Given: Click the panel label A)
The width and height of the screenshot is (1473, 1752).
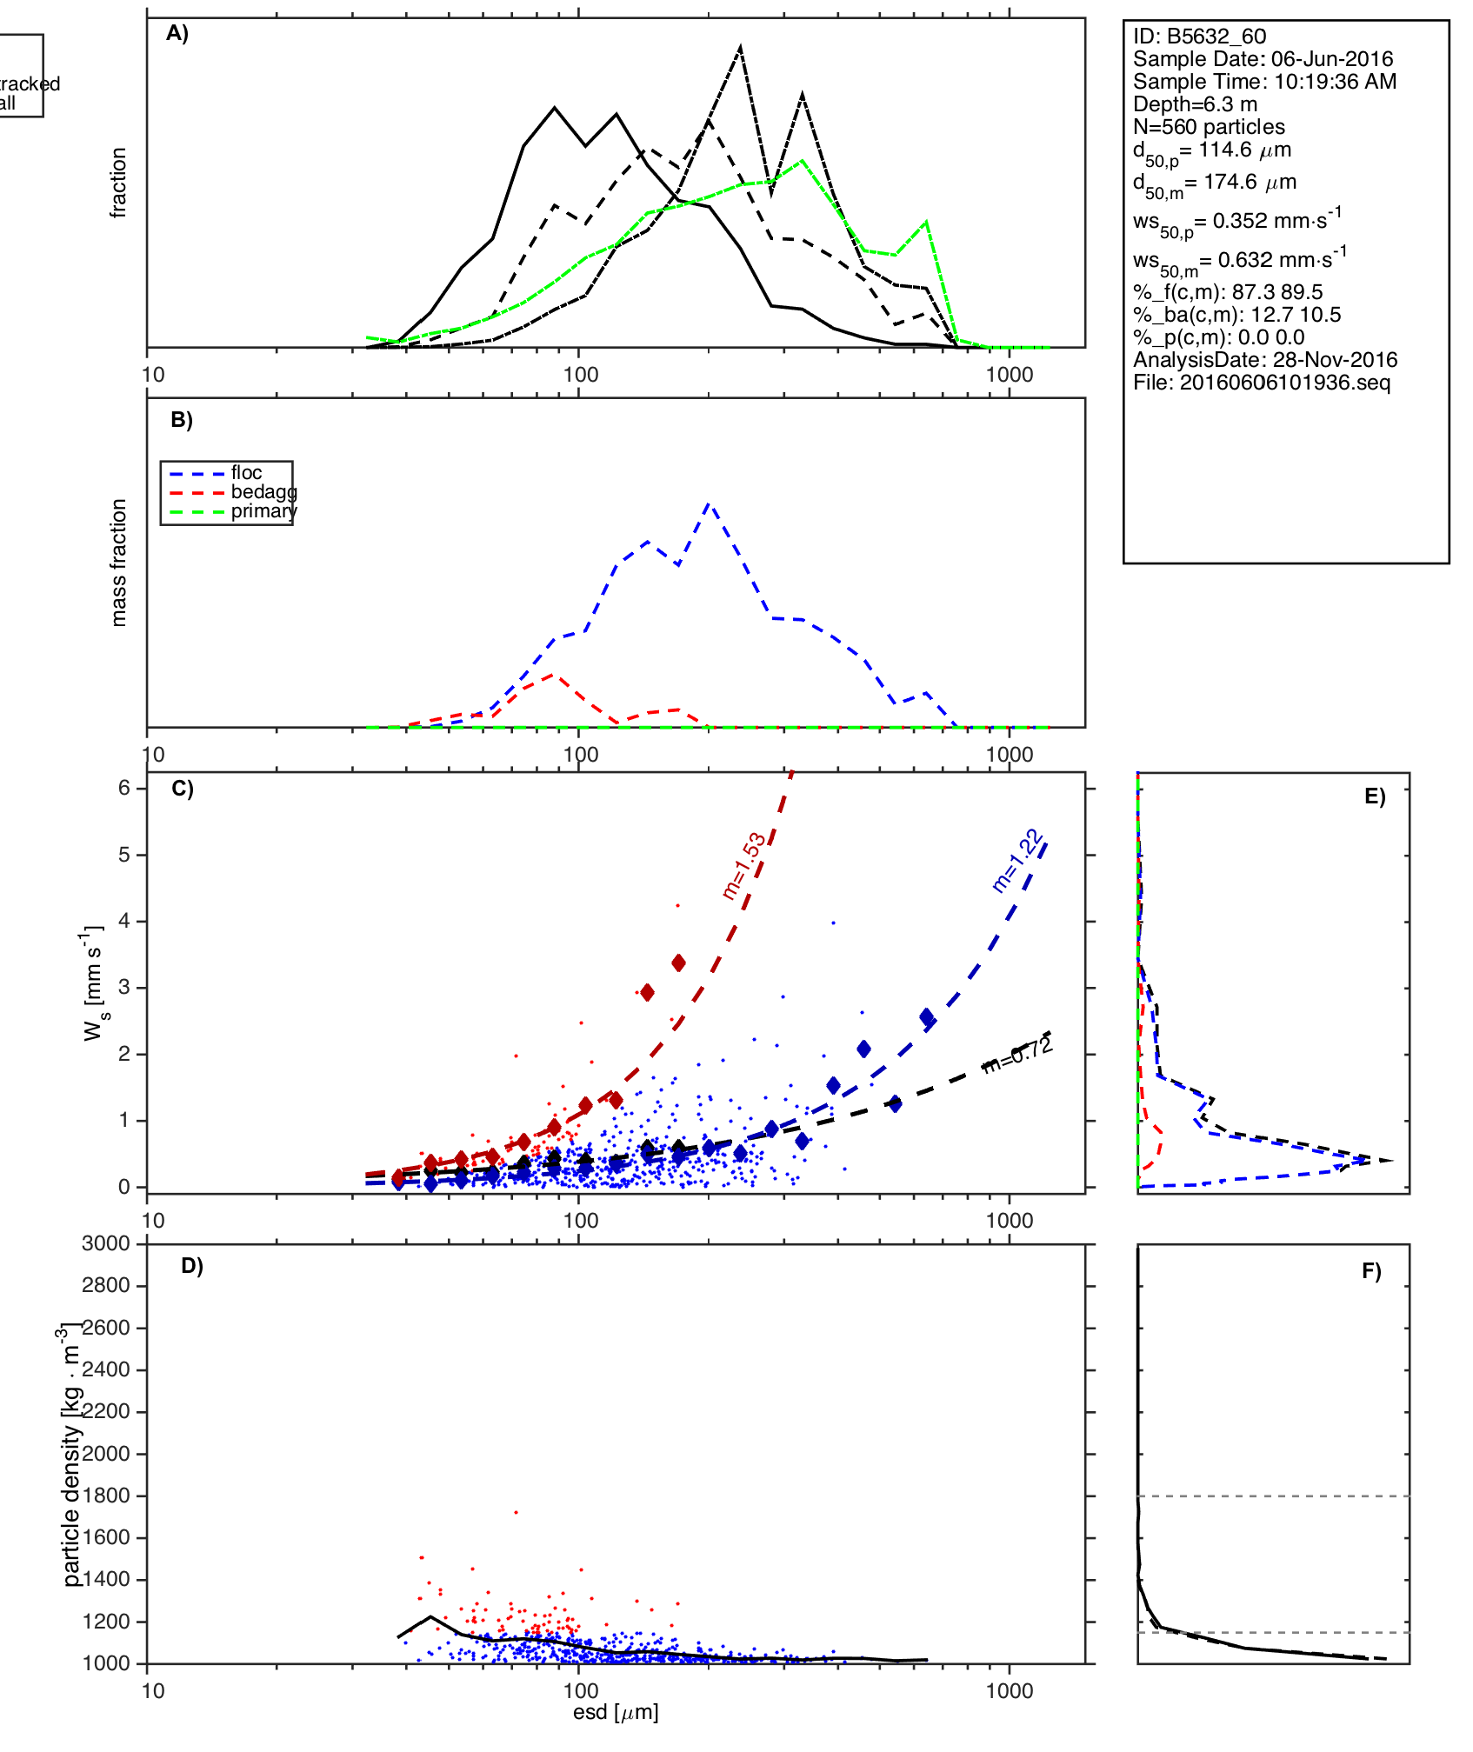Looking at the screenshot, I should coord(177,34).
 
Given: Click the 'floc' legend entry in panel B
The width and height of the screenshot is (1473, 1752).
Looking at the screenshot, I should coord(246,473).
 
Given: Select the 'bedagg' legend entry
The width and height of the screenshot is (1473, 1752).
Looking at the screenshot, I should coord(263,492).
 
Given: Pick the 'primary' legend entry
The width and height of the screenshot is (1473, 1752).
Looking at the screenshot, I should coord(263,511).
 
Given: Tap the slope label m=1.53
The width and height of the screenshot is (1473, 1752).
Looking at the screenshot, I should coord(744,865).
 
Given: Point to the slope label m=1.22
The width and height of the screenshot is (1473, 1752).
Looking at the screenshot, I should coord(1017,861).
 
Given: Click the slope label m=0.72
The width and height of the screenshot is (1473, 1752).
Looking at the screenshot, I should coord(1017,1056).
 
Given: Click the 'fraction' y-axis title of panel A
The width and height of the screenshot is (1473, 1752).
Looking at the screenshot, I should coord(119,183).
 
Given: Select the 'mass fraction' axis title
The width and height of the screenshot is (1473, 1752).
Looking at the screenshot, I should coord(119,563).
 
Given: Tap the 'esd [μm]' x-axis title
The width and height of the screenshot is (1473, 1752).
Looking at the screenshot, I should coord(616,1712).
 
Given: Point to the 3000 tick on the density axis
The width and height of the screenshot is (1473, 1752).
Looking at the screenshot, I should coord(106,1243).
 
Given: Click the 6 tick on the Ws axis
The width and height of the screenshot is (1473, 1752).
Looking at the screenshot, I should coord(124,788).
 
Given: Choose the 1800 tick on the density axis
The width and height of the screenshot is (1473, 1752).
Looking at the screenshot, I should coord(106,1496).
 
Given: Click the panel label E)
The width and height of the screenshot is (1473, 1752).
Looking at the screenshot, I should coord(1375,797).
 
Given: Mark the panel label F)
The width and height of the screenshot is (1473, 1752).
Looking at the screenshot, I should coord(1371,1272).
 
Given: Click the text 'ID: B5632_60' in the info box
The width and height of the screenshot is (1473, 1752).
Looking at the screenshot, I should coord(1199,37).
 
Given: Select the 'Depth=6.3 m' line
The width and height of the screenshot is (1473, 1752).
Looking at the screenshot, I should coord(1195,104).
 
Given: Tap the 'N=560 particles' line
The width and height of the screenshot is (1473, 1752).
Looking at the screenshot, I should coord(1209,127).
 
